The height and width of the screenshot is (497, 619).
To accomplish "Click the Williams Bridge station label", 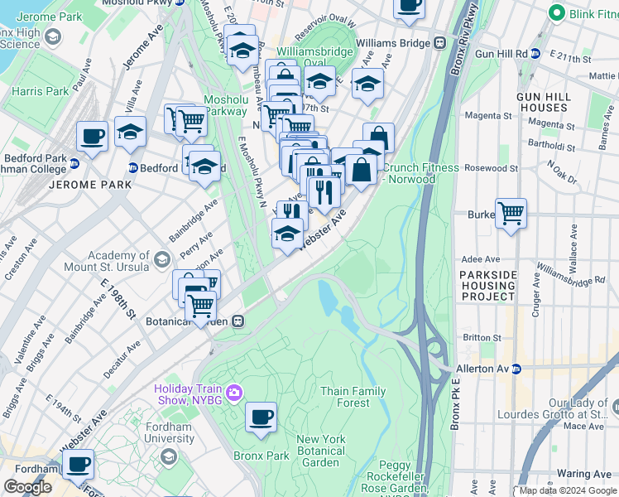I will (x=392, y=43).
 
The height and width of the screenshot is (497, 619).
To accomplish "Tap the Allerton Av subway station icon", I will (x=516, y=368).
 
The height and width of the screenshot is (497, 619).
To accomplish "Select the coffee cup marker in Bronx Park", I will (x=262, y=417).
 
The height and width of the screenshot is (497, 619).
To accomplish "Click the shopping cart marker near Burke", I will (x=511, y=214).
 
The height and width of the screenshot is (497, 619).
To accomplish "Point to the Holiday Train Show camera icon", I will (x=235, y=391).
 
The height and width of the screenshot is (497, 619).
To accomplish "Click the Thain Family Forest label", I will (x=353, y=397).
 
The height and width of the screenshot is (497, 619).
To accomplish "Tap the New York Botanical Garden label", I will (x=320, y=451).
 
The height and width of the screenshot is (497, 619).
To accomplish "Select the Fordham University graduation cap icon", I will (x=168, y=456).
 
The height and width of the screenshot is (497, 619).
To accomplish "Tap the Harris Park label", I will (x=41, y=91).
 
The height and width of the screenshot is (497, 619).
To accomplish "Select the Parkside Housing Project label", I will (x=487, y=286).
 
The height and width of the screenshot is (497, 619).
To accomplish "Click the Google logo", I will (x=27, y=487).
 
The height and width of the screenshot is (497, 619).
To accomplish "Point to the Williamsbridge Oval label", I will (x=307, y=56).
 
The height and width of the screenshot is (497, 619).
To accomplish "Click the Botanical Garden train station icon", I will (x=238, y=321).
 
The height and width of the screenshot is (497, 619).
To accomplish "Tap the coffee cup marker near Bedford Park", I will (x=91, y=135).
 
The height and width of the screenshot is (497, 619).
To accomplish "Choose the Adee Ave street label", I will (x=481, y=259).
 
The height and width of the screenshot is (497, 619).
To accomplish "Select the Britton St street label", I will (x=482, y=337).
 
